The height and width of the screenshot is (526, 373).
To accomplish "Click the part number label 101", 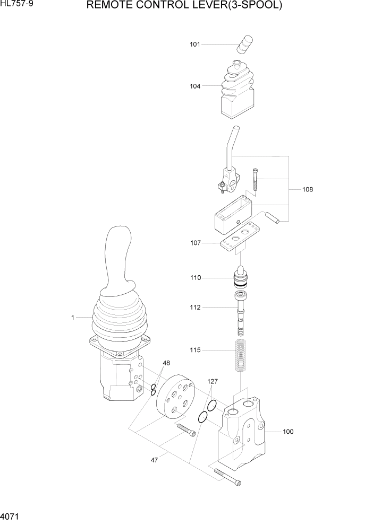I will click(x=195, y=45).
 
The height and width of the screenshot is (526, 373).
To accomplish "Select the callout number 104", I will click(x=195, y=86).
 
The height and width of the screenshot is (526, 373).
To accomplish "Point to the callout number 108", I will click(x=308, y=189).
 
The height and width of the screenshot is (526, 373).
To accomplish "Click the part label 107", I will click(x=196, y=243).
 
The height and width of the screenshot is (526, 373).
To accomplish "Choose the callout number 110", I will click(x=196, y=277).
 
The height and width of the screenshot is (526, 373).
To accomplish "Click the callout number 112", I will click(x=196, y=307).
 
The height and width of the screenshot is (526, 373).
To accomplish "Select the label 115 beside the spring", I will click(x=196, y=350).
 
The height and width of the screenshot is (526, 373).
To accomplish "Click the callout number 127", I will click(x=213, y=381).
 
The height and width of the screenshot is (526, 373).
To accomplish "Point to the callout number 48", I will click(x=166, y=363).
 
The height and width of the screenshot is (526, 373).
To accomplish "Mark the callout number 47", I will click(x=154, y=460).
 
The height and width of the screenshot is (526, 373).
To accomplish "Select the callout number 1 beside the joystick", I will click(x=72, y=318).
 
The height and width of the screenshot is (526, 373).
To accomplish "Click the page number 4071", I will click(x=11, y=515).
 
